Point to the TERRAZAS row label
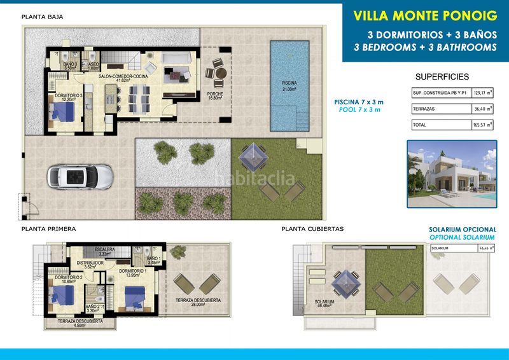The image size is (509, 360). point(424,109)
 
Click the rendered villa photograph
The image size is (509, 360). point(452,174)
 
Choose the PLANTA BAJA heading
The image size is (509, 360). point(42,17)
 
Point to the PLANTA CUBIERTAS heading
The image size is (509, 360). point(312,228)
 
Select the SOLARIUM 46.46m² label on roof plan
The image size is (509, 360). point(325,303)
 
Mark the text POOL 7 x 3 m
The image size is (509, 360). point(359,110)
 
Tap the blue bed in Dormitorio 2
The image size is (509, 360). point(61,294)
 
